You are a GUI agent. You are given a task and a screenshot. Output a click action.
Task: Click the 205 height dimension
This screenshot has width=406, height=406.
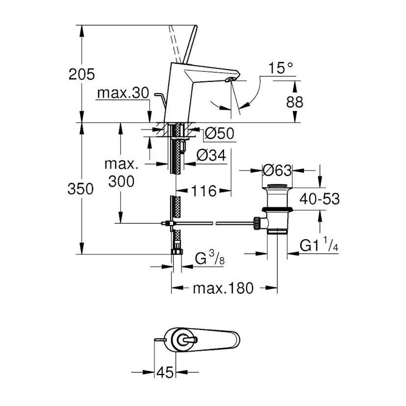pos(81,74)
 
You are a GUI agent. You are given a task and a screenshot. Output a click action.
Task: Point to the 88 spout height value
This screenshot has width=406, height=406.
pos(294,101)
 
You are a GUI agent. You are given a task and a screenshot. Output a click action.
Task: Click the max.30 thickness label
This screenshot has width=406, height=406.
pos(123,93)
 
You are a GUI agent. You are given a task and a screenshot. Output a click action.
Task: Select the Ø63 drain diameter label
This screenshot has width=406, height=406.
pos(277,170)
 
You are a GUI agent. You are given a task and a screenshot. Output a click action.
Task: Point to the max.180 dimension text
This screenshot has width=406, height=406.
pos(223,288)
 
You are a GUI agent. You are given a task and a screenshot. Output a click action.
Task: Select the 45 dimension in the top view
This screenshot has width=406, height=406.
pos(165,372)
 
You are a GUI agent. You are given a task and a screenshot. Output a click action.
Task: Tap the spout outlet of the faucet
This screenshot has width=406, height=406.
pos(230,80)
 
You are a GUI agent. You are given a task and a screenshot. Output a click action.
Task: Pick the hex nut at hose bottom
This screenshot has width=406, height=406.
pos(176,253)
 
